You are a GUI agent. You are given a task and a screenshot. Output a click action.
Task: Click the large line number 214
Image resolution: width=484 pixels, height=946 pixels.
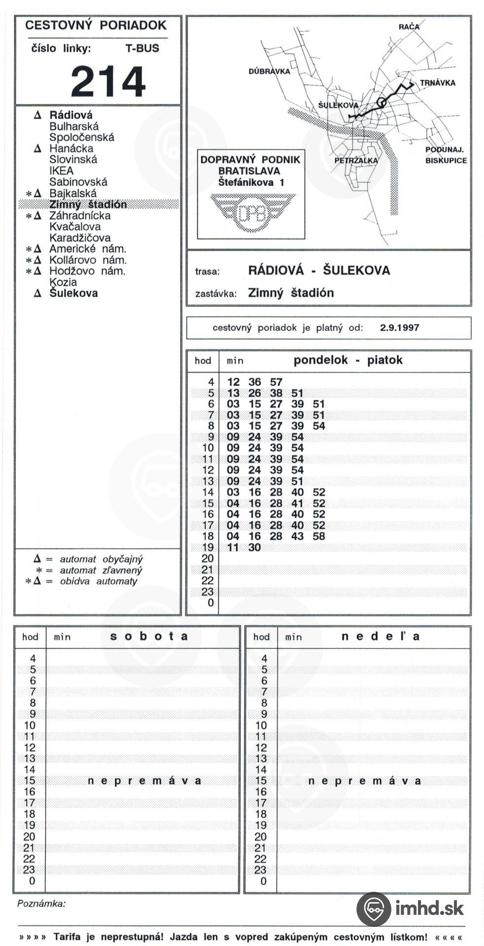pos(108,82)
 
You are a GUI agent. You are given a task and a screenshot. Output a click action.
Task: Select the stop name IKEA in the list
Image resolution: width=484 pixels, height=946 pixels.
pos(61,170)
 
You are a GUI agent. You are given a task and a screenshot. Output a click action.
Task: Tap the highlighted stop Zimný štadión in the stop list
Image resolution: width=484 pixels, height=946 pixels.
pos(88,204)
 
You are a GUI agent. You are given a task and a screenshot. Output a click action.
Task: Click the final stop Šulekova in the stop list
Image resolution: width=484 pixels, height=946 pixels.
pos(73,293)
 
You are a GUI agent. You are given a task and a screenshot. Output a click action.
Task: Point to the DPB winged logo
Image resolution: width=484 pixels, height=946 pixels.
pos(252,212)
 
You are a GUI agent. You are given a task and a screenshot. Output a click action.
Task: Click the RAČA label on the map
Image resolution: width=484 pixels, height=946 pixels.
pos(409,27)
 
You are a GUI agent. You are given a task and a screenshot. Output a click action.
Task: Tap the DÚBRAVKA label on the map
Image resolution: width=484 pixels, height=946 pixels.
pos(269,71)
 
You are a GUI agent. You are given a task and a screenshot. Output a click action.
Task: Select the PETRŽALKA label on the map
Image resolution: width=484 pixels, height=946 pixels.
pos(356,160)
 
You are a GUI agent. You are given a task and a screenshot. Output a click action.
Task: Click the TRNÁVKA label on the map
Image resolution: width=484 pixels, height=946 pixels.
pos(437,83)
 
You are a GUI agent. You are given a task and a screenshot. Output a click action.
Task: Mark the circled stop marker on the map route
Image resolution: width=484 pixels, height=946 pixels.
pos(381,102)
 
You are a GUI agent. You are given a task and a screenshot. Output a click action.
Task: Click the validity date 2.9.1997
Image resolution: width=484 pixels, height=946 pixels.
pos(399,328)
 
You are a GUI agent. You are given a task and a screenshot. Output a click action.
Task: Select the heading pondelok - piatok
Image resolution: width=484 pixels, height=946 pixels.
pos(348,360)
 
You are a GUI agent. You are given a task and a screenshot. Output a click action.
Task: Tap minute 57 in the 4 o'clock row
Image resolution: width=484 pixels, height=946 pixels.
pos(276,382)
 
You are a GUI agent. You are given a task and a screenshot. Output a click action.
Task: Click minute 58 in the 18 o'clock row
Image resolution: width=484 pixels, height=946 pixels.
pos(319,536)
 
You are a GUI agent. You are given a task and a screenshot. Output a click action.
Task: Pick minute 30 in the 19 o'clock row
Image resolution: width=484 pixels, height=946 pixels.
pos(254,547)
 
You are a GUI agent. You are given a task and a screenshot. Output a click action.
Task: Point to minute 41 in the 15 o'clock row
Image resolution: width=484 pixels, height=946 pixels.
pos(297,503)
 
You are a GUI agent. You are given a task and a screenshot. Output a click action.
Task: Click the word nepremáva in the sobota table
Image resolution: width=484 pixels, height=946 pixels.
pos(144,781)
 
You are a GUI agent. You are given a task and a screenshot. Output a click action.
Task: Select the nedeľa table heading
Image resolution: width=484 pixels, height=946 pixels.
pos(380,636)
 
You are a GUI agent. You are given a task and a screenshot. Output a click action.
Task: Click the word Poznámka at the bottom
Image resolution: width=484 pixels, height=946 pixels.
pos(41,904)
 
